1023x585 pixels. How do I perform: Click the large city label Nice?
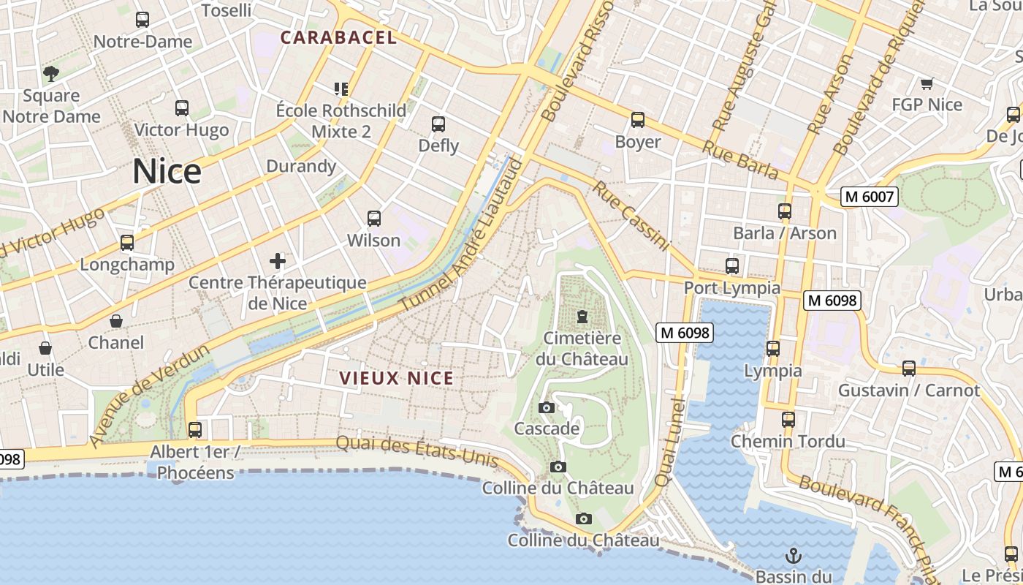point(167,172)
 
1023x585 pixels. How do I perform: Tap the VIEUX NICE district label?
point(397,378)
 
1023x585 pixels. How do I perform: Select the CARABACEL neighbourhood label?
point(338,37)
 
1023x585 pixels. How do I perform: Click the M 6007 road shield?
point(869,196)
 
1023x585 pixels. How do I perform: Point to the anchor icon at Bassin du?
point(794,556)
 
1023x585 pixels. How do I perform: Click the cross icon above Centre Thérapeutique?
point(278,260)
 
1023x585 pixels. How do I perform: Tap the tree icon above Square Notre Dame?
point(51,73)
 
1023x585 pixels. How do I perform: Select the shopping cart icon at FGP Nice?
point(927,83)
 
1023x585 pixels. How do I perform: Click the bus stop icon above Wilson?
point(374,218)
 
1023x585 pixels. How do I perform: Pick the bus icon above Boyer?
point(638,119)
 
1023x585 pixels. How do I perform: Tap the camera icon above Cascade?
point(547,407)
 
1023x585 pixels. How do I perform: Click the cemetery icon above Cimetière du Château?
point(582,317)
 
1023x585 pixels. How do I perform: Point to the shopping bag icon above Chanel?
point(116,321)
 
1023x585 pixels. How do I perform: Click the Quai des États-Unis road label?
point(417,451)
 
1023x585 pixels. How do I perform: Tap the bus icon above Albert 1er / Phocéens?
point(195,429)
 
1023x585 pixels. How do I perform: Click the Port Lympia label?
point(732,288)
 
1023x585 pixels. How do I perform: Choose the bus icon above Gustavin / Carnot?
point(909,369)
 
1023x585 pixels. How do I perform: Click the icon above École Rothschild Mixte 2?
point(341,89)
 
